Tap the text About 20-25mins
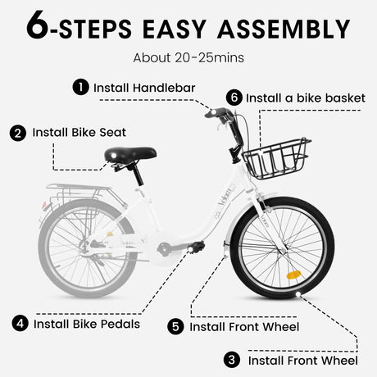click(188, 58)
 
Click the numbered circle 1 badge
click(80, 87)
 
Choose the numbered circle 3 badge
click(233, 360)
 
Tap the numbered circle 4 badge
click(20, 323)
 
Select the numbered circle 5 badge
click(175, 326)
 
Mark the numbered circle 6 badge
click(234, 98)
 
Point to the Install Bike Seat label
click(80, 132)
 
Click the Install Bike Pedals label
click(87, 323)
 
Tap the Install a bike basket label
click(305, 98)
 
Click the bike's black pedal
click(194, 245)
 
